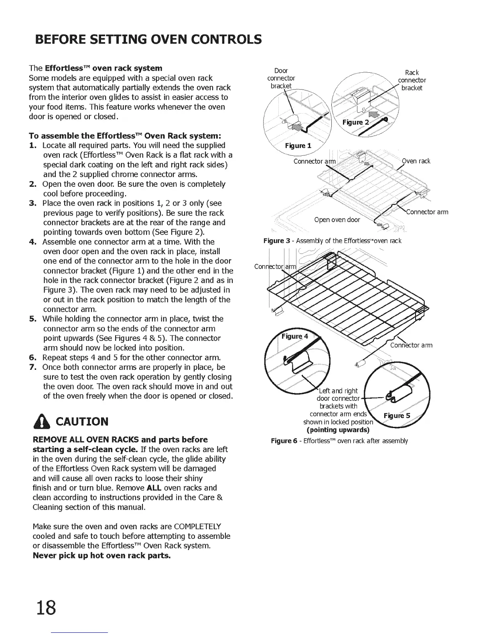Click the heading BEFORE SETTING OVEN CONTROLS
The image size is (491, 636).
(148, 40)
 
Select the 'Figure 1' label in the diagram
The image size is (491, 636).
(298, 145)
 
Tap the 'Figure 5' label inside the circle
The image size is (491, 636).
(397, 416)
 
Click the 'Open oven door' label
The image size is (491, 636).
(337, 220)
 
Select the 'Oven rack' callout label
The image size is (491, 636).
(416, 161)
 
